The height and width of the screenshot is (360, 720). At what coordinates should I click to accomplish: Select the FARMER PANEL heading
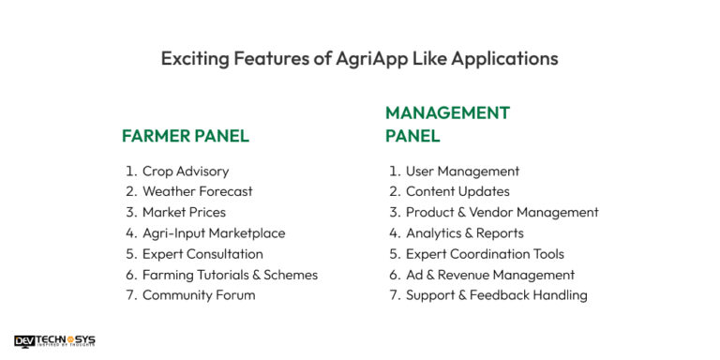point(186,136)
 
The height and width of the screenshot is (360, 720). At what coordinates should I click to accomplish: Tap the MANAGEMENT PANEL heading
point(447,124)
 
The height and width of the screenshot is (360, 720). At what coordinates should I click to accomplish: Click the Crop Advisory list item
point(185,172)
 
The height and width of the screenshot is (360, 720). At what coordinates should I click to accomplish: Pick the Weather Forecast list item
point(197,192)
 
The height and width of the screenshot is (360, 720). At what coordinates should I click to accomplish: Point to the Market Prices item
point(184,213)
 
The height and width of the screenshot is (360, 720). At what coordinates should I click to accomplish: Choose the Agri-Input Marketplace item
point(214,233)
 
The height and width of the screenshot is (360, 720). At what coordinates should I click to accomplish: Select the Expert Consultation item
point(202,254)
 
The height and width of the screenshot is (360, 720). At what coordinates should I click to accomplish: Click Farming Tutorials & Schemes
point(230,275)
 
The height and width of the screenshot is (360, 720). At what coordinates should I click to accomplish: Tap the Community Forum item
point(198,295)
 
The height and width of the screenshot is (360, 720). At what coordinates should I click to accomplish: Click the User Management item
point(462,172)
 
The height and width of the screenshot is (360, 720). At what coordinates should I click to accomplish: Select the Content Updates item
point(457,192)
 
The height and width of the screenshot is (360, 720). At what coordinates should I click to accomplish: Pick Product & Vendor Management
point(502,213)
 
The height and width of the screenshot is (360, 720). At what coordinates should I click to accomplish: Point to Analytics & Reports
point(464,233)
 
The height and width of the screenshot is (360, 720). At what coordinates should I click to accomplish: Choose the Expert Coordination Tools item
point(485,254)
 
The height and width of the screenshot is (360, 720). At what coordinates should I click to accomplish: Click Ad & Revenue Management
point(489,275)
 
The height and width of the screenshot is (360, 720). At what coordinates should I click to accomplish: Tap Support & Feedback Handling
point(496,295)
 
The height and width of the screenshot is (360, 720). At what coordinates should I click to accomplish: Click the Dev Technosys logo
point(54,341)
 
